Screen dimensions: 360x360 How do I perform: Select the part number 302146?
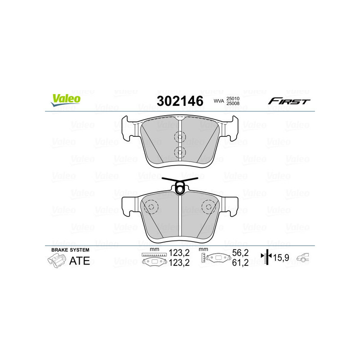(x=180, y=101)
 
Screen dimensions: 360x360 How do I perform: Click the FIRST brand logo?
(x=289, y=101)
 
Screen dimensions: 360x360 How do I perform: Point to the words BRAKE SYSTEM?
(x=70, y=250)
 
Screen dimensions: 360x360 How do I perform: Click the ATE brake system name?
(x=80, y=261)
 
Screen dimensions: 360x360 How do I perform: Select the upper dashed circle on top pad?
(x=180, y=137)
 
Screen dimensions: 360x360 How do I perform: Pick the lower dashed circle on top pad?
(x=180, y=152)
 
